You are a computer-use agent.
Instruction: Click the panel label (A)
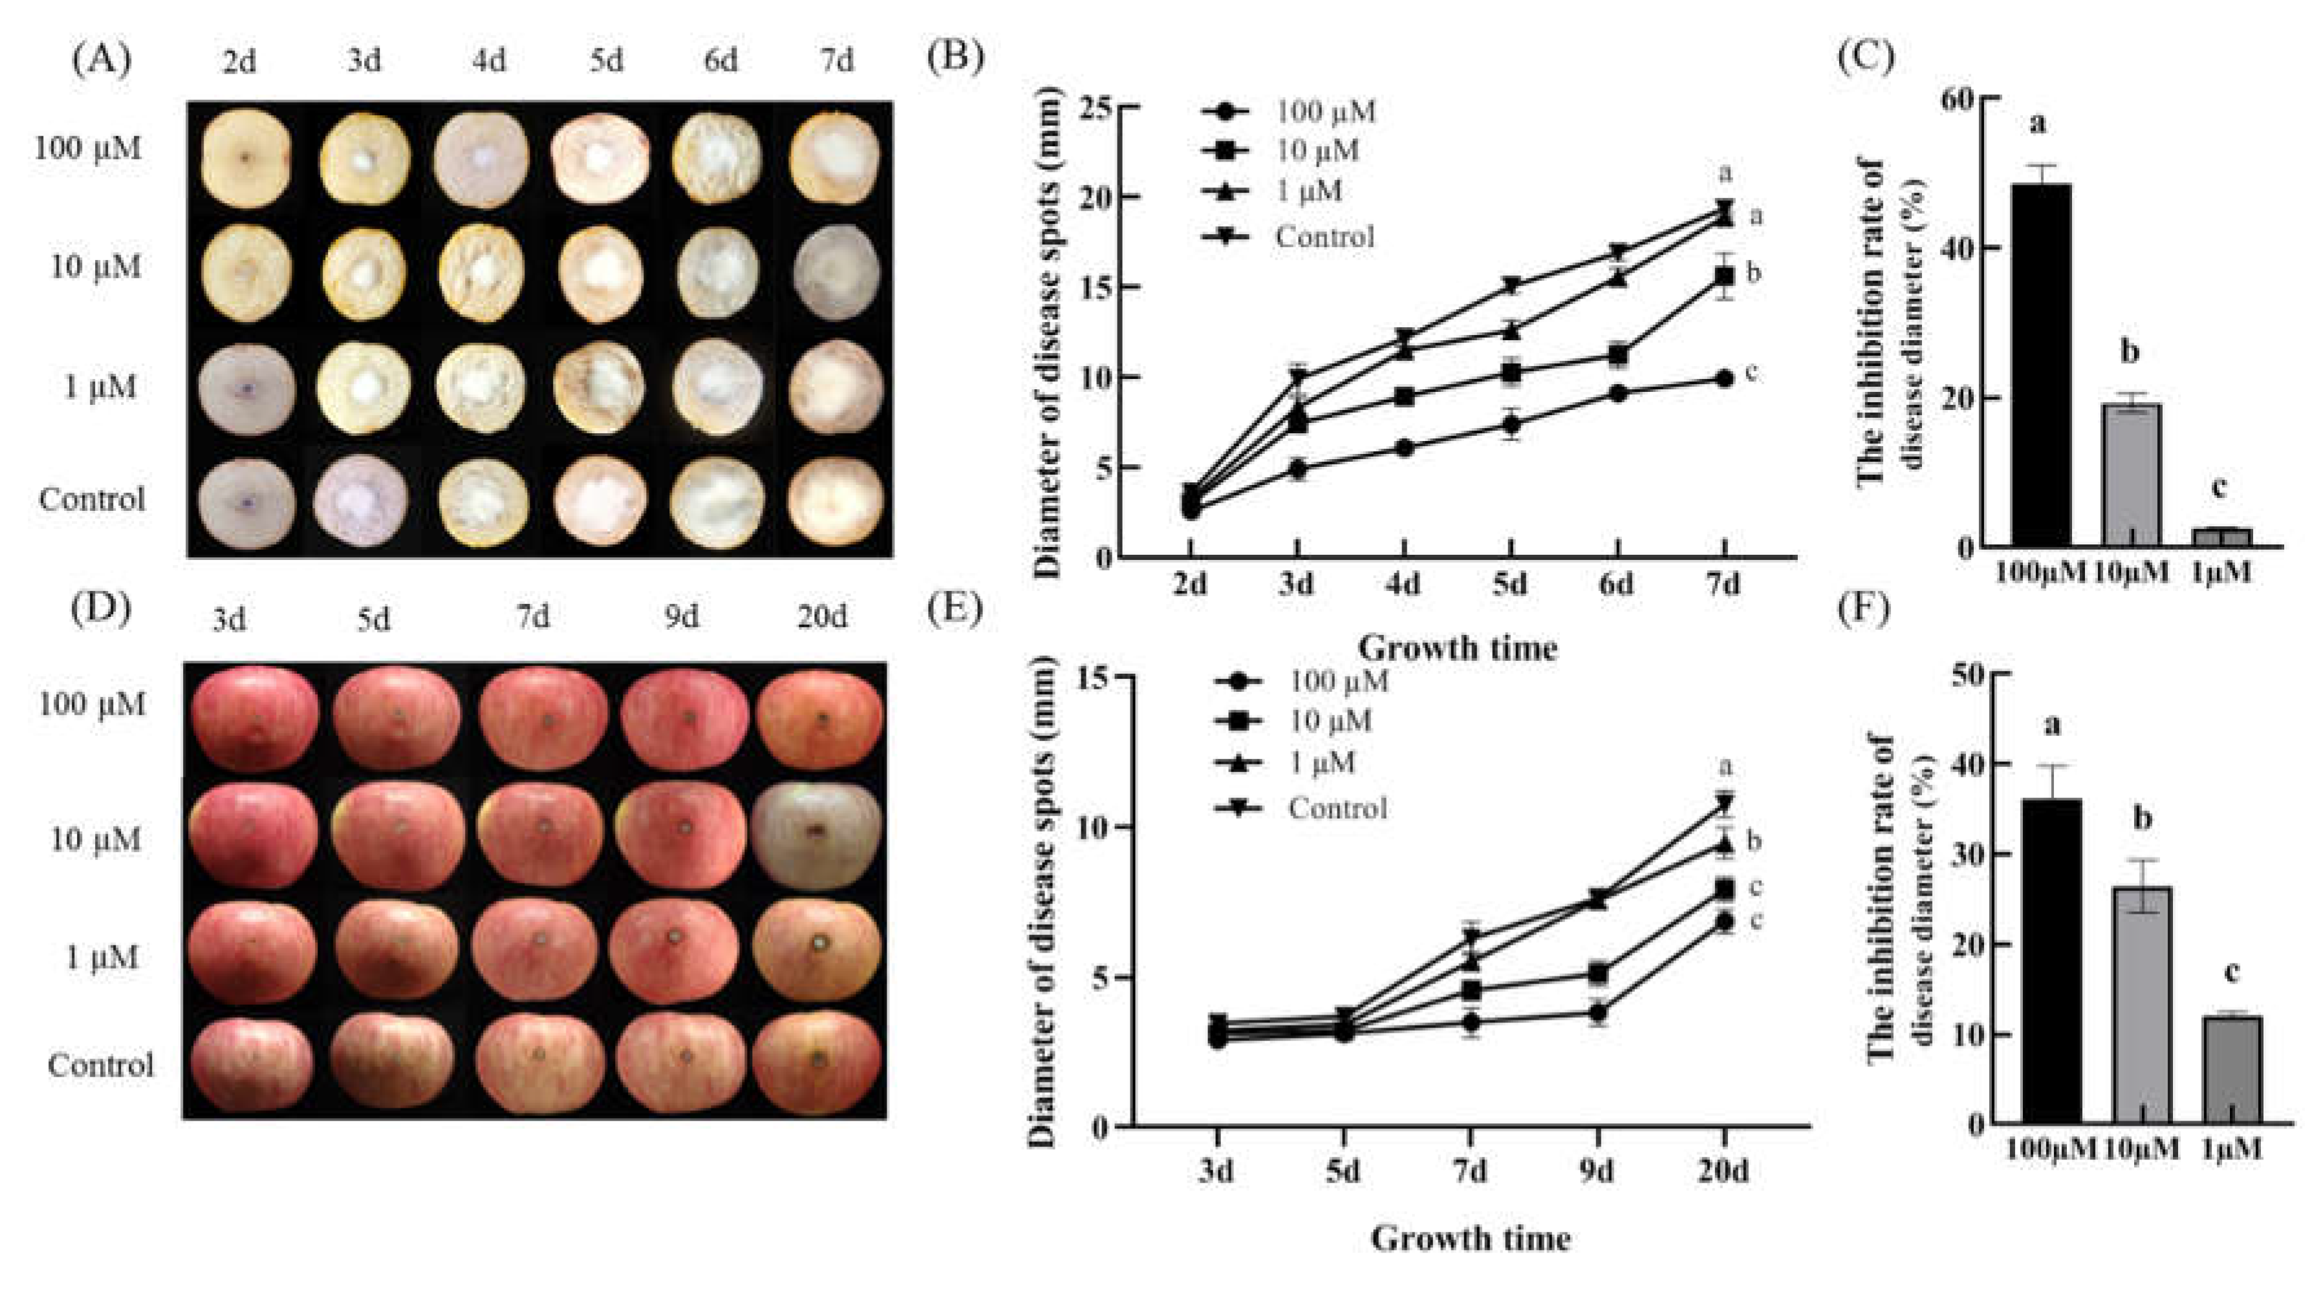tap(101, 59)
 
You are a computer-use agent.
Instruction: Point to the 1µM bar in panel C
tap(2221, 537)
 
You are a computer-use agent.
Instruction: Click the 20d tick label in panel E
tap(1723, 1170)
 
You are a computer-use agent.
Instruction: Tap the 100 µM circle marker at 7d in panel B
tap(1724, 379)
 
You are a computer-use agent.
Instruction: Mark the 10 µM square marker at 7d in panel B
tap(1724, 277)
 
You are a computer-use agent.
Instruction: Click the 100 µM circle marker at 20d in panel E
tap(1724, 921)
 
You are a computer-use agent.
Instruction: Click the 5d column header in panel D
tap(373, 619)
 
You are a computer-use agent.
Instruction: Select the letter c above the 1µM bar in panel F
tap(2231, 973)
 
